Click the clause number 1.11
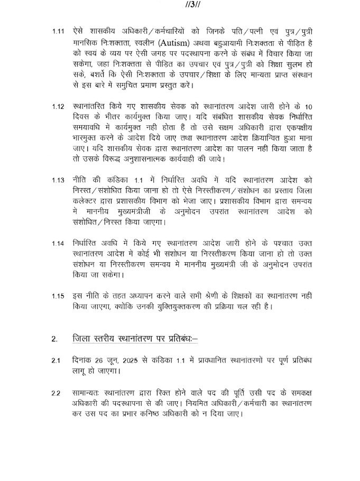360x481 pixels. [x=58, y=32]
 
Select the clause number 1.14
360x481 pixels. [x=58, y=243]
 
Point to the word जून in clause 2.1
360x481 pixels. [x=117, y=361]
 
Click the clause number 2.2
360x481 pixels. [x=56, y=393]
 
